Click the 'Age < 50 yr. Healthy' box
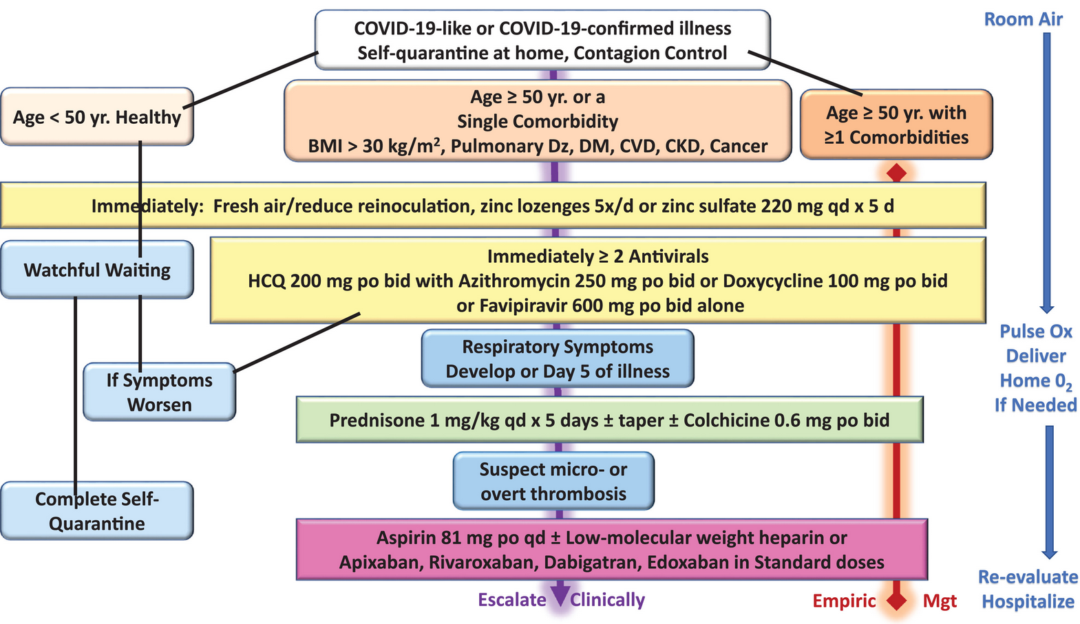tap(97, 116)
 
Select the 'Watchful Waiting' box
tap(97, 270)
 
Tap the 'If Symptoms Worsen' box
tap(160, 391)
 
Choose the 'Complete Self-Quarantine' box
tap(97, 510)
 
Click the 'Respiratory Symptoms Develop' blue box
tap(558, 358)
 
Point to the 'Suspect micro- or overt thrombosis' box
tap(553, 481)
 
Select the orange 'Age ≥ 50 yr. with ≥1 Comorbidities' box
tap(896, 125)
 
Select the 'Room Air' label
tap(1023, 19)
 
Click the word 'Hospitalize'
tap(1028, 601)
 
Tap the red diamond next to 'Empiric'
tap(896, 601)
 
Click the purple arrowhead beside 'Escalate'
tap(560, 594)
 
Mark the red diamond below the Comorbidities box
tap(896, 173)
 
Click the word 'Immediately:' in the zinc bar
tap(147, 206)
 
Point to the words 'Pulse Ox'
tap(1036, 332)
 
